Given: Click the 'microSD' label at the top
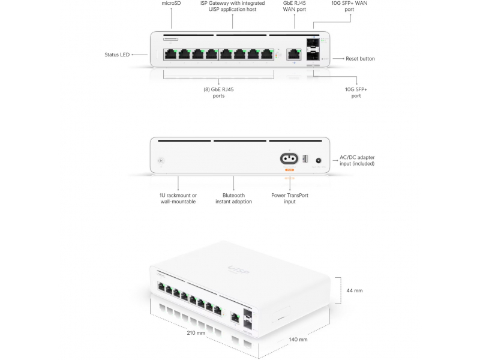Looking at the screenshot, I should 171,3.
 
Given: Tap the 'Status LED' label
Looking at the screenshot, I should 116,55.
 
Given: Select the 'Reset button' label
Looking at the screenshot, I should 360,59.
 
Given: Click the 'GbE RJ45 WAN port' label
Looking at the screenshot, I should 294,6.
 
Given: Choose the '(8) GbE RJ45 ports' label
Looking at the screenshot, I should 218,93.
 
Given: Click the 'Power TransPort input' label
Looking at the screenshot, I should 290,198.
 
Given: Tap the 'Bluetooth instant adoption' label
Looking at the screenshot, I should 233,198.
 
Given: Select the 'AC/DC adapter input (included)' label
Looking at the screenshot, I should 357,160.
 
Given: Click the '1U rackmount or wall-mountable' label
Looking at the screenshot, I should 178,198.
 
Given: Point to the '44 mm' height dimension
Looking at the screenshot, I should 355,290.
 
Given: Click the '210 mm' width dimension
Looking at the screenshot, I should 196,332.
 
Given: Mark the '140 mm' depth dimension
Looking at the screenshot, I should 298,339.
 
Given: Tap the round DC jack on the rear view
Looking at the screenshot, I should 318,160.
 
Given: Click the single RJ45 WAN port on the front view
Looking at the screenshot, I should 294,53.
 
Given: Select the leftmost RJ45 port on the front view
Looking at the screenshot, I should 170,53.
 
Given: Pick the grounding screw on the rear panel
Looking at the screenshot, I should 160,161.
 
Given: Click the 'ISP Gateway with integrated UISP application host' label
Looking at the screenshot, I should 232,6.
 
